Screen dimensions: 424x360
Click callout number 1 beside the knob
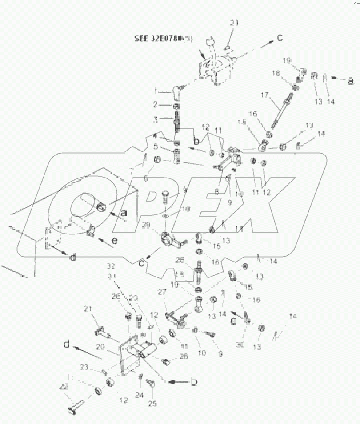click(x=156, y=91)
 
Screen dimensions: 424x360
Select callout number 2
click(x=156, y=105)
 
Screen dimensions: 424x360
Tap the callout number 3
click(x=156, y=119)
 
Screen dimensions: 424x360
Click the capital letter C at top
click(x=280, y=38)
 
